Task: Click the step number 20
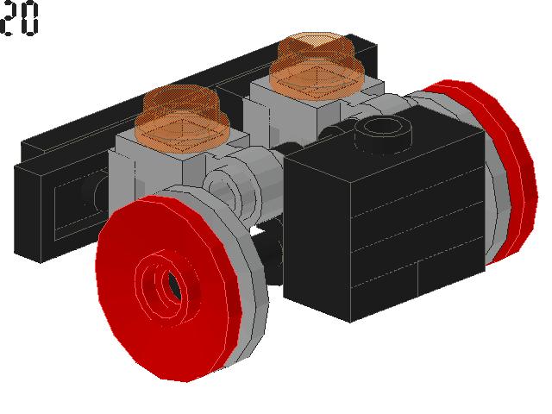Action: pos(20,19)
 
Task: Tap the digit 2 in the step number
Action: pos(9,19)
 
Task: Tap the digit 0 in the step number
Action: pos(30,19)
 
